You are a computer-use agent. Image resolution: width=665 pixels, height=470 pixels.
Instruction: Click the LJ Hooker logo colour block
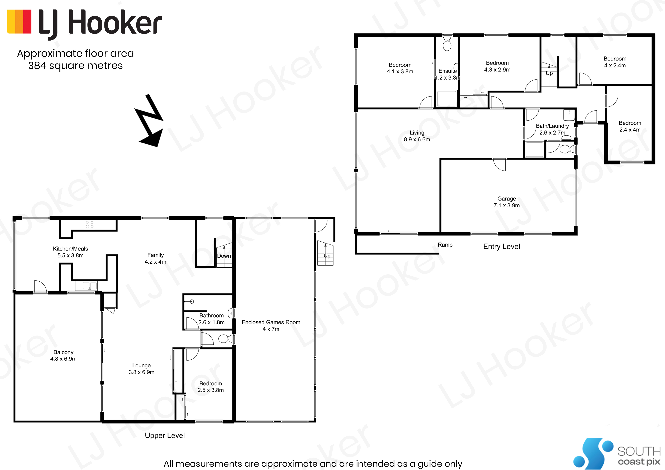(19, 22)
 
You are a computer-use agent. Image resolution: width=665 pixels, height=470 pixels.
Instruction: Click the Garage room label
(507, 202)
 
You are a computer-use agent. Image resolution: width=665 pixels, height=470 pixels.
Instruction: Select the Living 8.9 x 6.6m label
(417, 136)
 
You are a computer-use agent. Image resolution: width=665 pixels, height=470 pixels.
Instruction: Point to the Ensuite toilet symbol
(447, 44)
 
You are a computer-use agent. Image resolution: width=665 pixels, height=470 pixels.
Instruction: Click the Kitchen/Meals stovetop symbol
(89, 224)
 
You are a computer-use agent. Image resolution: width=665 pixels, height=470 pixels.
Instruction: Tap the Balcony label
(64, 355)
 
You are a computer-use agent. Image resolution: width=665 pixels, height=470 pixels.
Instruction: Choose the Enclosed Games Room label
(271, 326)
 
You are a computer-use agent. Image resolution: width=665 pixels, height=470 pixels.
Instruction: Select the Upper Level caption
(165, 435)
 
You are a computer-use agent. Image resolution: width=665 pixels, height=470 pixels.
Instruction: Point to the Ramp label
(445, 245)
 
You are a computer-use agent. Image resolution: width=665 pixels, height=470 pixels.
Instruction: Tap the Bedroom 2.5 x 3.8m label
(211, 387)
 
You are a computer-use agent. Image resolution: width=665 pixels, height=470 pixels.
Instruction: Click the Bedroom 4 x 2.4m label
(615, 62)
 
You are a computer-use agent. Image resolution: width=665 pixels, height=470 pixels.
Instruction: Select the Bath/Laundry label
(552, 129)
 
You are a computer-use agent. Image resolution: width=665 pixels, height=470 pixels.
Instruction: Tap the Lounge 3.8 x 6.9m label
(141, 369)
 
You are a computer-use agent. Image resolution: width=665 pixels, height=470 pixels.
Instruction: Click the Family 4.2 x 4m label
(155, 258)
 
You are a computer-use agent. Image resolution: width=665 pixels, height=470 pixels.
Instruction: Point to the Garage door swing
(499, 165)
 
